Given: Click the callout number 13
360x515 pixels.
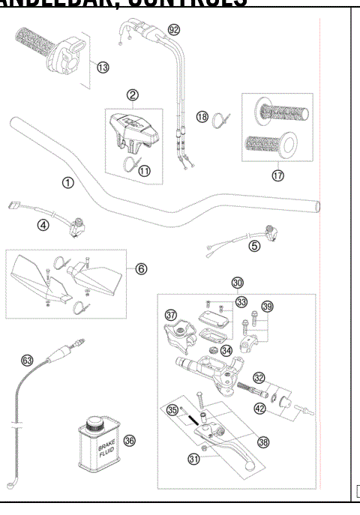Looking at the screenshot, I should pyautogui.click(x=103, y=67).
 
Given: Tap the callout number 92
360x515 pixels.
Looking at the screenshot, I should pyautogui.click(x=174, y=31).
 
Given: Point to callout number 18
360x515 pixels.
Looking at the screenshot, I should pyautogui.click(x=202, y=116).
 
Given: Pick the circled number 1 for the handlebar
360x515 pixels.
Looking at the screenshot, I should pyautogui.click(x=68, y=181).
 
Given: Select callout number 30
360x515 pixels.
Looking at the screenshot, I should pyautogui.click(x=237, y=283).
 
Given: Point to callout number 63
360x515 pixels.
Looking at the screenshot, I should pyautogui.click(x=28, y=361).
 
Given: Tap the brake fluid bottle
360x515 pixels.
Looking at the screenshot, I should pyautogui.click(x=96, y=444).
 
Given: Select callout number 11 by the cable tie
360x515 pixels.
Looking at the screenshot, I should pyautogui.click(x=143, y=170).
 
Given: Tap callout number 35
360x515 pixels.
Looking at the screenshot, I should pyautogui.click(x=172, y=411).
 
